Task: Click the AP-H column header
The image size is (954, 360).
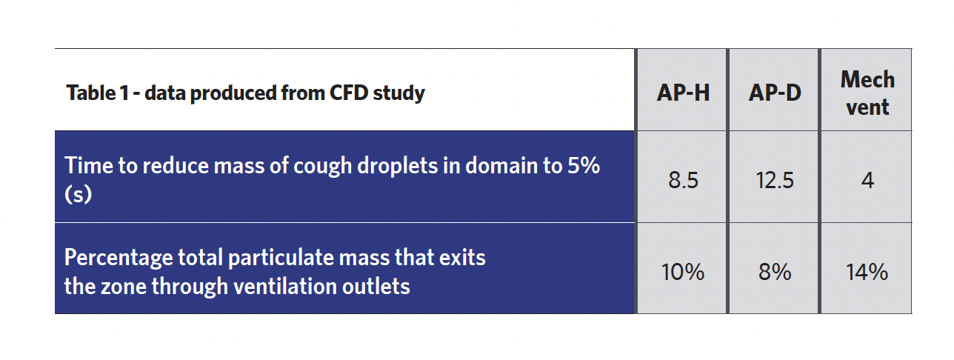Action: click(x=683, y=93)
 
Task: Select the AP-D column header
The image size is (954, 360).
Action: click(x=775, y=93)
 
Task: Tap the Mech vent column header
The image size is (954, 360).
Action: click(x=867, y=93)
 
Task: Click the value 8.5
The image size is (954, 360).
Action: click(x=683, y=180)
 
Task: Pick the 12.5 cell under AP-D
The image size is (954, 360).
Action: click(x=775, y=180)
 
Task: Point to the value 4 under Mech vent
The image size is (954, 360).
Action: click(x=867, y=180)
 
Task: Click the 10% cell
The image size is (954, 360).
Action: click(x=683, y=272)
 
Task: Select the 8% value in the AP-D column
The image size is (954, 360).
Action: click(x=775, y=272)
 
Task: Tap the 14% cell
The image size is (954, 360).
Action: click(x=867, y=272)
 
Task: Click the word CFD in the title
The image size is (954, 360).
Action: click(x=349, y=93)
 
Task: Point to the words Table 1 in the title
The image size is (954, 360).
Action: click(x=98, y=93)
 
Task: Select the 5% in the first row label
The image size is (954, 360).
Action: click(x=584, y=165)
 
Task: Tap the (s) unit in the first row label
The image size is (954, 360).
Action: click(x=78, y=194)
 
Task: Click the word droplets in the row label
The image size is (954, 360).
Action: click(x=397, y=166)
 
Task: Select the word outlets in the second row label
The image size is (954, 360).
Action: click(x=376, y=286)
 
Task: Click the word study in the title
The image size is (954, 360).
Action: click(x=399, y=93)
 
